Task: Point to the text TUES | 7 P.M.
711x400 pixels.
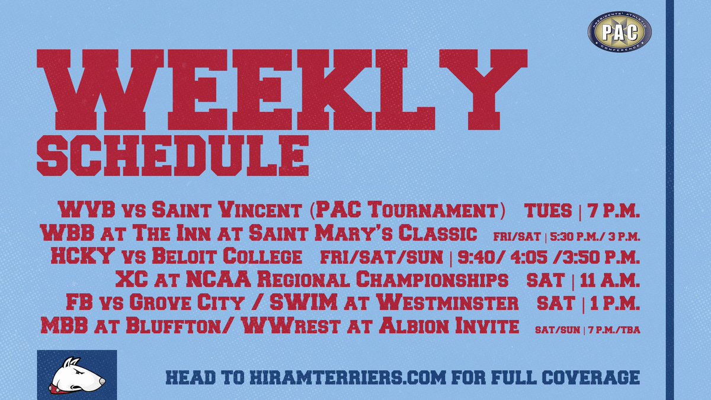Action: (x=582, y=210)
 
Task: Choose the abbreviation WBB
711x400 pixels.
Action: (x=60, y=233)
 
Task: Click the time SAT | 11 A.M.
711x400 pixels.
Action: (x=582, y=280)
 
